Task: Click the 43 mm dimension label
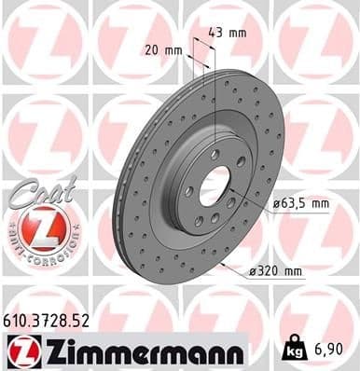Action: (x=233, y=34)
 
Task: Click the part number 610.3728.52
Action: (x=58, y=322)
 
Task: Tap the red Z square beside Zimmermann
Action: (x=20, y=350)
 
